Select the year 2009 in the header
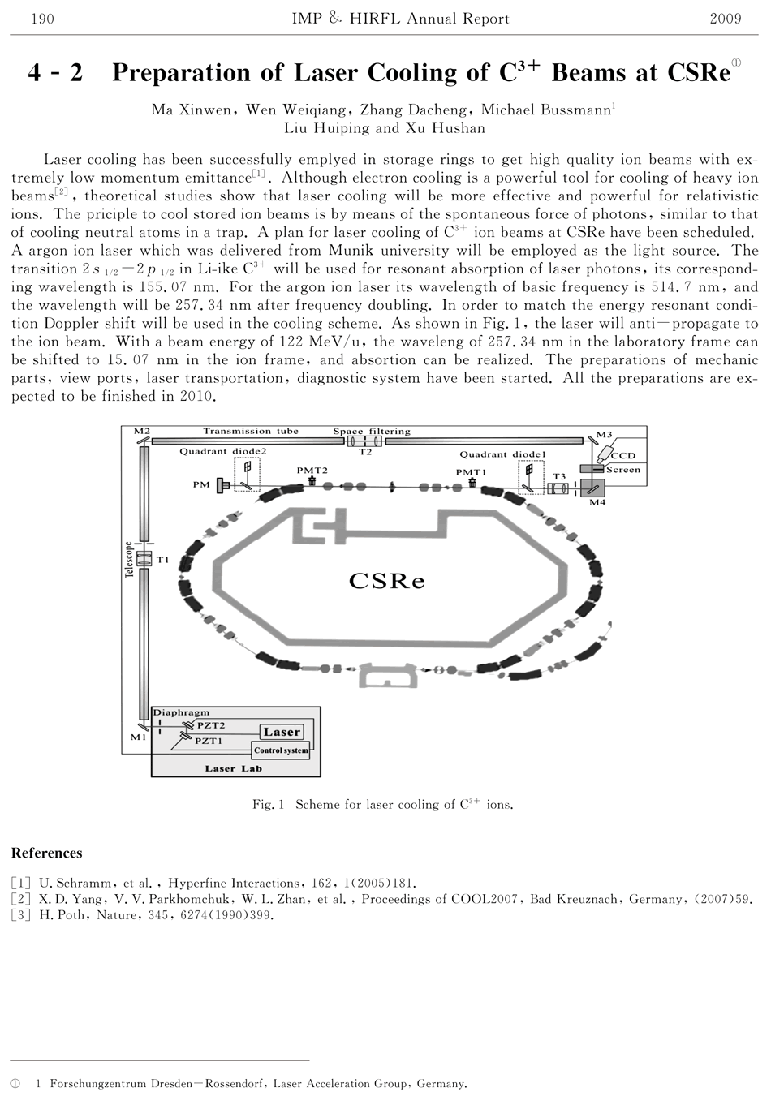(725, 19)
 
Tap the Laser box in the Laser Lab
(282, 732)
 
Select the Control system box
(281, 750)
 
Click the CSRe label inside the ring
(387, 581)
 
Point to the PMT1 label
(471, 472)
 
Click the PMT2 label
(312, 470)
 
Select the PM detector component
(221, 485)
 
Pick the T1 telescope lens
(145, 559)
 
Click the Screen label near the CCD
(623, 470)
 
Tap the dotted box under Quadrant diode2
(248, 475)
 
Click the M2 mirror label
(141, 431)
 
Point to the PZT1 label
(209, 741)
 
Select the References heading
(46, 853)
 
